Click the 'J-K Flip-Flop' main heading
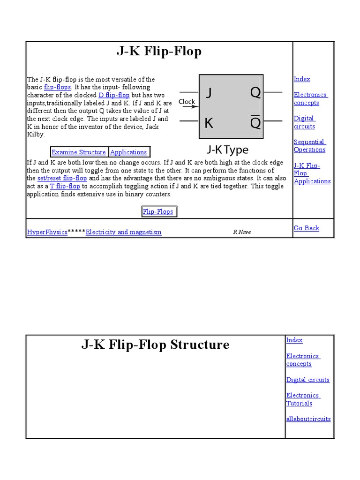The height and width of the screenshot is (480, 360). click(159, 51)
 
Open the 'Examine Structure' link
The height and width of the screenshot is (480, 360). click(79, 152)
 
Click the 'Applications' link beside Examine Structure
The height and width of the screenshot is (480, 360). click(128, 152)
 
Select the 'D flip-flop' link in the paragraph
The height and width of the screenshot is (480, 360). click(114, 95)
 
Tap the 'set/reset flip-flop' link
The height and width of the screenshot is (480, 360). click(62, 178)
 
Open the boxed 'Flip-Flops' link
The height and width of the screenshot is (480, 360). click(158, 211)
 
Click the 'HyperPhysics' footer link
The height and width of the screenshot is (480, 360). click(47, 232)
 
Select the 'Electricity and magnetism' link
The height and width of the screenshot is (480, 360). click(124, 232)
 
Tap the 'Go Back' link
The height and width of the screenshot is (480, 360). click(306, 228)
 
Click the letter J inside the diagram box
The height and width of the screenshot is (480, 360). click(209, 93)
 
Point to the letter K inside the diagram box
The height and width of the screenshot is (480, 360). click(209, 123)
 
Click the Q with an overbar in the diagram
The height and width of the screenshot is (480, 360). click(255, 122)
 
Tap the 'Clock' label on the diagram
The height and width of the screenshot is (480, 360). click(187, 101)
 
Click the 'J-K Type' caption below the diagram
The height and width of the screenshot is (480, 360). click(228, 150)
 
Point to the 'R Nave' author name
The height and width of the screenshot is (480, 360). click(242, 232)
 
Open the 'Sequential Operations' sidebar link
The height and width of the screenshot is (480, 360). click(309, 146)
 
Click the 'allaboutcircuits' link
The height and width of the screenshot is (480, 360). click(308, 419)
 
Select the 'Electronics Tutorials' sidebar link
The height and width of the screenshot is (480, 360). click(303, 399)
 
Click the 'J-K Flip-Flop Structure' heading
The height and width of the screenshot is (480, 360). click(155, 345)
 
